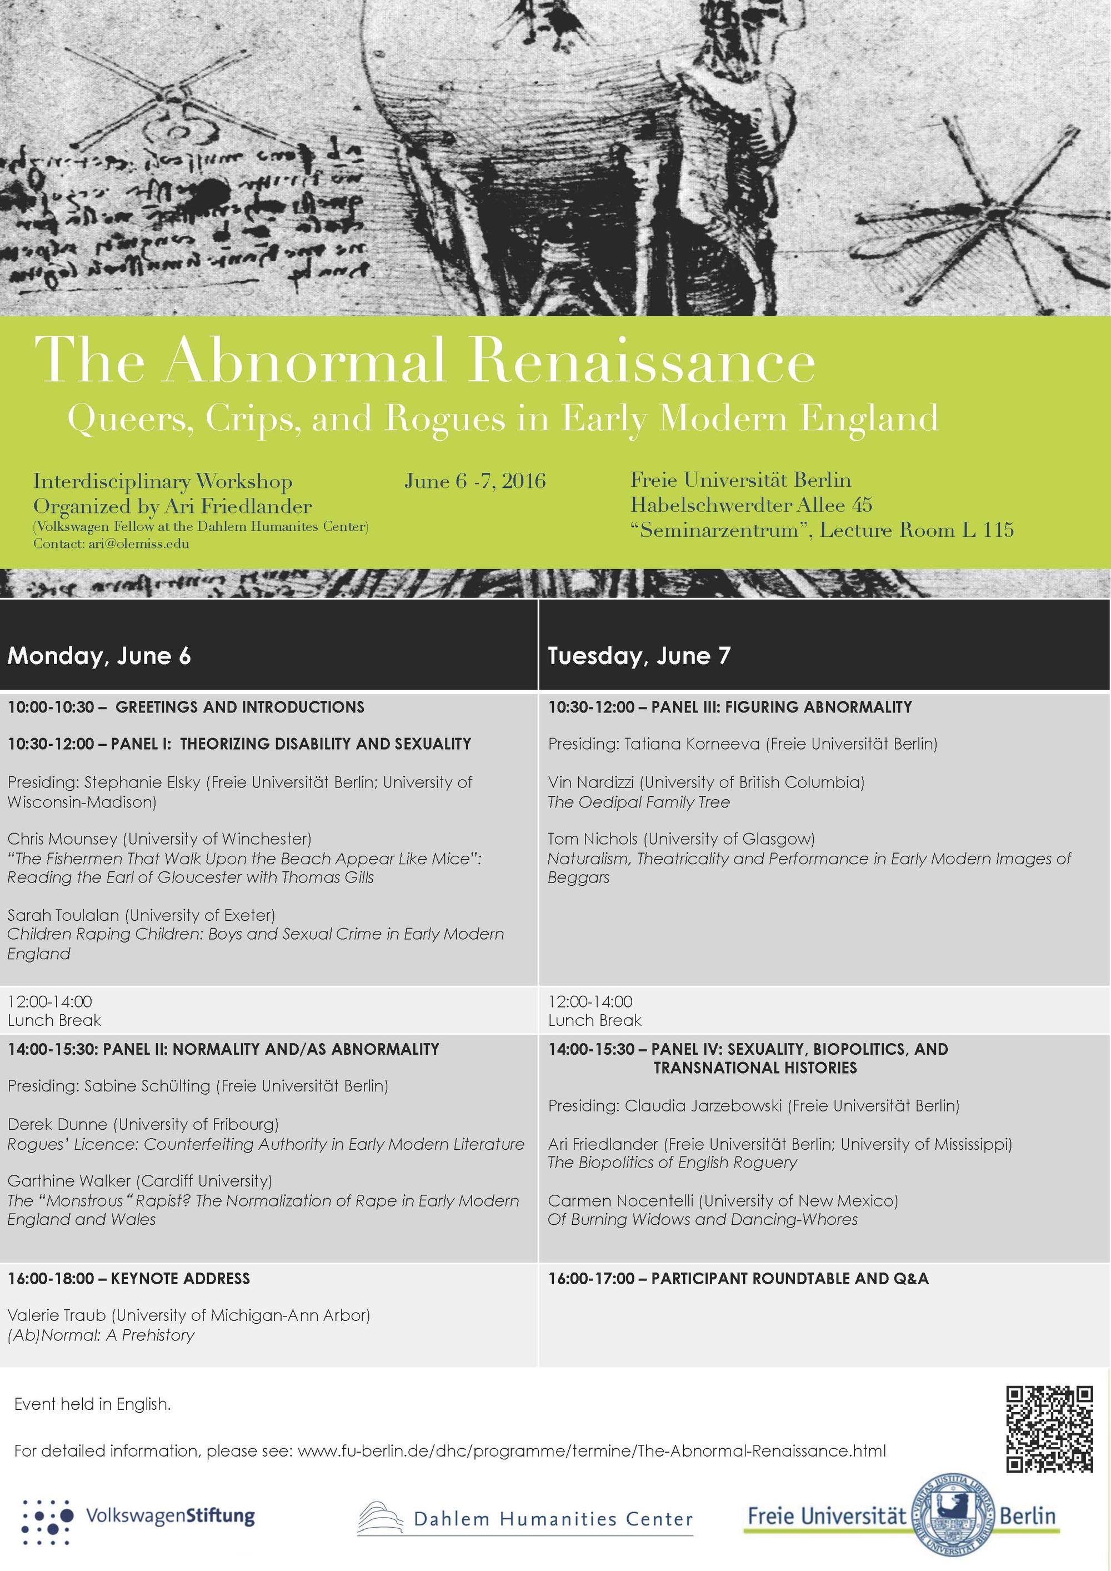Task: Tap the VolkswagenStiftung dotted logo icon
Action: coord(47,1517)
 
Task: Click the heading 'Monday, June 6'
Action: coord(99,656)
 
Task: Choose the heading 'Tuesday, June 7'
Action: coord(639,656)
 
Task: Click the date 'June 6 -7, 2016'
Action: coord(475,481)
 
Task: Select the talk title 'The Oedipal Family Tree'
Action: coord(638,802)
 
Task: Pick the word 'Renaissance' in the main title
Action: coord(641,361)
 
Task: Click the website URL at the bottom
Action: coord(592,1450)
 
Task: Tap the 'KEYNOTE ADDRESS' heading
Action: coord(180,1278)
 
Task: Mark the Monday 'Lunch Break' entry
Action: coord(54,1020)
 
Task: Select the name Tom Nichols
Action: coord(593,839)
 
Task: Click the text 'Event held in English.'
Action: coord(92,1405)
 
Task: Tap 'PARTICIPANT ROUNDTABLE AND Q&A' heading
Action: coord(789,1278)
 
